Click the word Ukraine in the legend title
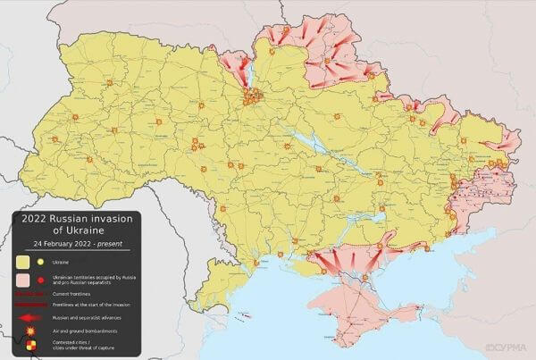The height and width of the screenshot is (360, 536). tap(80, 231)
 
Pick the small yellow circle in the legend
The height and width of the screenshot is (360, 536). tap(41, 262)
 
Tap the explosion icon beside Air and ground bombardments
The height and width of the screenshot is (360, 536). tap(30, 330)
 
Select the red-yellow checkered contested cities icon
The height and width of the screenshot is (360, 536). tap(31, 344)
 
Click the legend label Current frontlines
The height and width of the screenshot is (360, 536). tap(75, 293)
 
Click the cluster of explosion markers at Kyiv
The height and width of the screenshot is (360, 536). tap(255, 95)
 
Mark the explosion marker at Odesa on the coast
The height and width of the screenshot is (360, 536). tap(256, 263)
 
